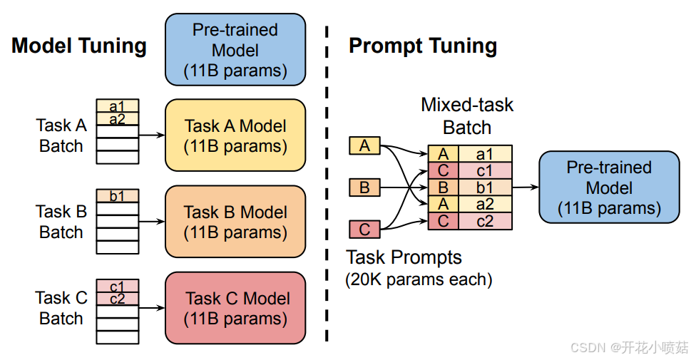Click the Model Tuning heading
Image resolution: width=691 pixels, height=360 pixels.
(79, 46)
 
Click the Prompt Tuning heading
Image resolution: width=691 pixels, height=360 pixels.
(422, 46)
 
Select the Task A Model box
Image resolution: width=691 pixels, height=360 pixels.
(235, 135)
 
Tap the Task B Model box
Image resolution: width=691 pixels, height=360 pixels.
(235, 222)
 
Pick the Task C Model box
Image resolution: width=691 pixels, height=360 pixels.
(235, 308)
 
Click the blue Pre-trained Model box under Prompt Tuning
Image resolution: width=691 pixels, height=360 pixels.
(609, 187)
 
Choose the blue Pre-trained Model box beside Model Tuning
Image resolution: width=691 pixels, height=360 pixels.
(235, 50)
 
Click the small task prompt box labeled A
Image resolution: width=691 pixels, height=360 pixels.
(364, 146)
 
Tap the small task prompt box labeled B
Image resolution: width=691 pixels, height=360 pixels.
(364, 188)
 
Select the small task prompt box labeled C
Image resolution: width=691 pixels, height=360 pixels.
(364, 230)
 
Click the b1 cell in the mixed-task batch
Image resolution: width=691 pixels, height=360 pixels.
(485, 188)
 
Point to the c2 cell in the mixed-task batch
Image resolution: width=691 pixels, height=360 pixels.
(485, 221)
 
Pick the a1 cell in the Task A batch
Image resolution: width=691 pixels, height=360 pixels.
(118, 106)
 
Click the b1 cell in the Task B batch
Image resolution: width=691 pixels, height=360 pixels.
(118, 195)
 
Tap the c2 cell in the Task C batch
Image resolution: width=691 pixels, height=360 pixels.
(118, 299)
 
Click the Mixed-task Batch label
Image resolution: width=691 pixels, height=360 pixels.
(467, 116)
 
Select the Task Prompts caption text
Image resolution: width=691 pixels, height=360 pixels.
(404, 257)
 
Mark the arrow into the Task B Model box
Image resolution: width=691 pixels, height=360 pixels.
(152, 221)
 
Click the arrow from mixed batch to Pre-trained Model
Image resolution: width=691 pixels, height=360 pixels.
(525, 188)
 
